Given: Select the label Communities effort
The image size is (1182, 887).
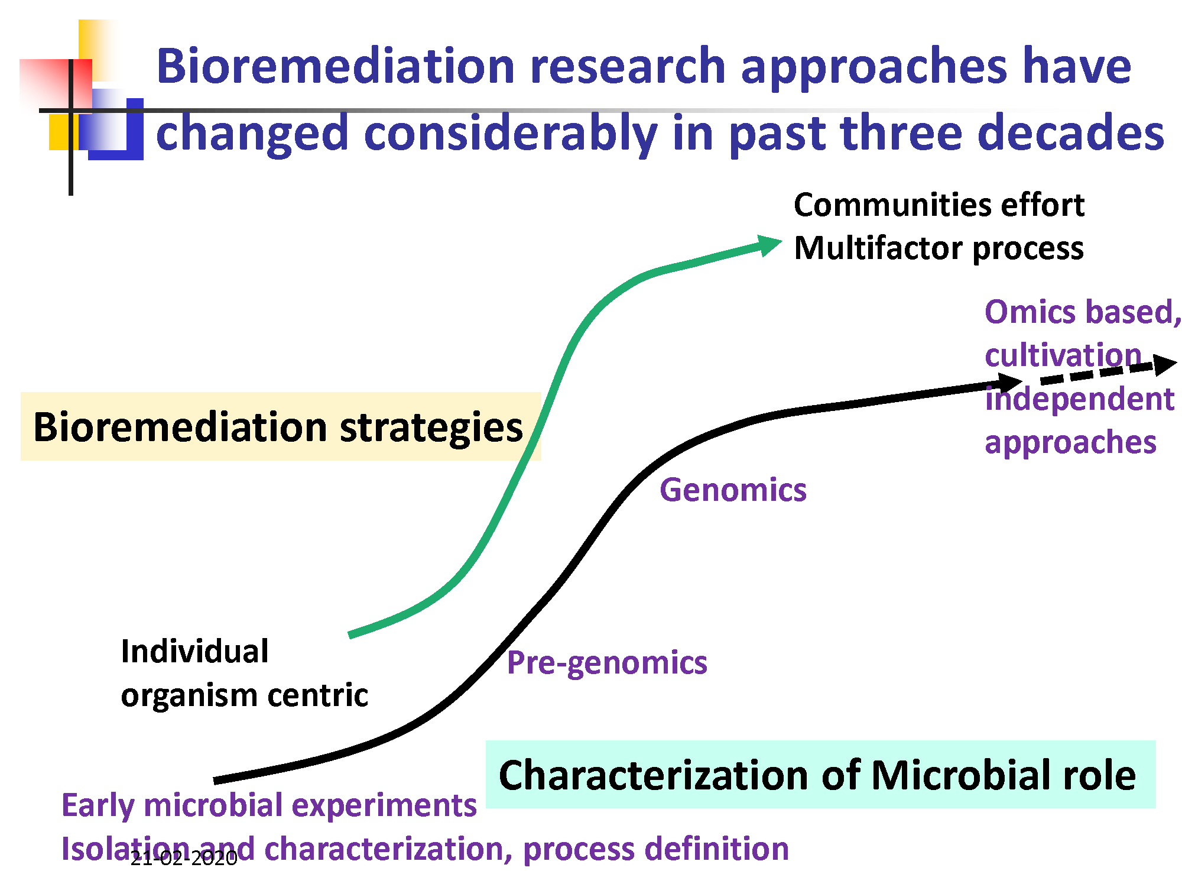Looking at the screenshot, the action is pos(939,205).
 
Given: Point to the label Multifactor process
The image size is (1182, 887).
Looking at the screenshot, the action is pos(939,248).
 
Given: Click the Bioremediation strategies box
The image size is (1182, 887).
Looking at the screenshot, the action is pos(281,426).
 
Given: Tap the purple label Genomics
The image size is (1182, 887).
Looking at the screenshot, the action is pos(733,490).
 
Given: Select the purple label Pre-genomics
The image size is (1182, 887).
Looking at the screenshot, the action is pos(607,662).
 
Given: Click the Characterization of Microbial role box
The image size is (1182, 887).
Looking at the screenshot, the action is pos(820,775).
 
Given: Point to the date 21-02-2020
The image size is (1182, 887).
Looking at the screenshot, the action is pos(184,858).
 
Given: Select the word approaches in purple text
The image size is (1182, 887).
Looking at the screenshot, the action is pos(1070,442).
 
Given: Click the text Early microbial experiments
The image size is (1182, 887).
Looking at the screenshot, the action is pos(269,805).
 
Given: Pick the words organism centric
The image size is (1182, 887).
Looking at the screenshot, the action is pos(244,695).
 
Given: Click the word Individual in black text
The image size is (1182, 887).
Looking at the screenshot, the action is pos(194,651).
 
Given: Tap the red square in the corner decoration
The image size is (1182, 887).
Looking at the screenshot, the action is pos(56,85).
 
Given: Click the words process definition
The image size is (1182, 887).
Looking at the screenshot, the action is pos(656,849).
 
